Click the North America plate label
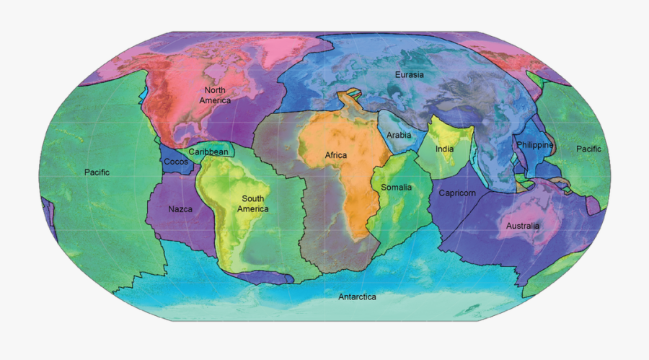click(216, 95)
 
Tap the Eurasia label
click(409, 74)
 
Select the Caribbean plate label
click(208, 152)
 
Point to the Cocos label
click(175, 162)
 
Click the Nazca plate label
click(180, 209)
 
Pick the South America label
click(255, 203)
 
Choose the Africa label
click(335, 155)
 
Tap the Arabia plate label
click(399, 135)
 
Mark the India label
click(445, 149)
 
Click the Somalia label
click(396, 188)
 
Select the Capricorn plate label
click(457, 193)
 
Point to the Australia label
click(522, 226)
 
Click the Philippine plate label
click(534, 145)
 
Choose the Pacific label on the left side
click(97, 172)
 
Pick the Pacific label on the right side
click(588, 149)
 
